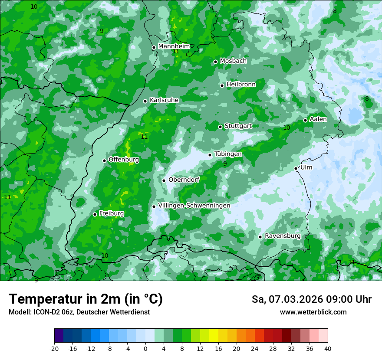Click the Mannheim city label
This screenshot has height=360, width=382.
174,46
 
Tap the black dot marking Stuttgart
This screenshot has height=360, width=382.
221,127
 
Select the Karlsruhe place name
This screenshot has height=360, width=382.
164,100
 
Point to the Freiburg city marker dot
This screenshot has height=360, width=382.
95,214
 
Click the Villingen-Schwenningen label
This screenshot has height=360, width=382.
194,206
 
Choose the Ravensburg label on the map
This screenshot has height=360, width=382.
283,236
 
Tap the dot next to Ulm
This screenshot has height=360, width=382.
296,168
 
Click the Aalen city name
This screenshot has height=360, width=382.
318,119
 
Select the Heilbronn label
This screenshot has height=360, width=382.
241,85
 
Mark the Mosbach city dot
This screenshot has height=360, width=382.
215,62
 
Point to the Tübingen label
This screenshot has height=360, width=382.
228,154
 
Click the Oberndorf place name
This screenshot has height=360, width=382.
184,180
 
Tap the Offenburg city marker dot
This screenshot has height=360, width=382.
105,160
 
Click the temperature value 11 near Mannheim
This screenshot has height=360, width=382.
176,52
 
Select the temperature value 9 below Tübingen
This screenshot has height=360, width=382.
225,164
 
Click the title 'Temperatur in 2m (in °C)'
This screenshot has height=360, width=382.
86,299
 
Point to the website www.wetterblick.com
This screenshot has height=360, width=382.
313,312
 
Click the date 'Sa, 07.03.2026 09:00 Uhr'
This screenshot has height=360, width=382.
311,299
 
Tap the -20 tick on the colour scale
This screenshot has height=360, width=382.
54,348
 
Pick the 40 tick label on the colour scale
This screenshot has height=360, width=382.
327,348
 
